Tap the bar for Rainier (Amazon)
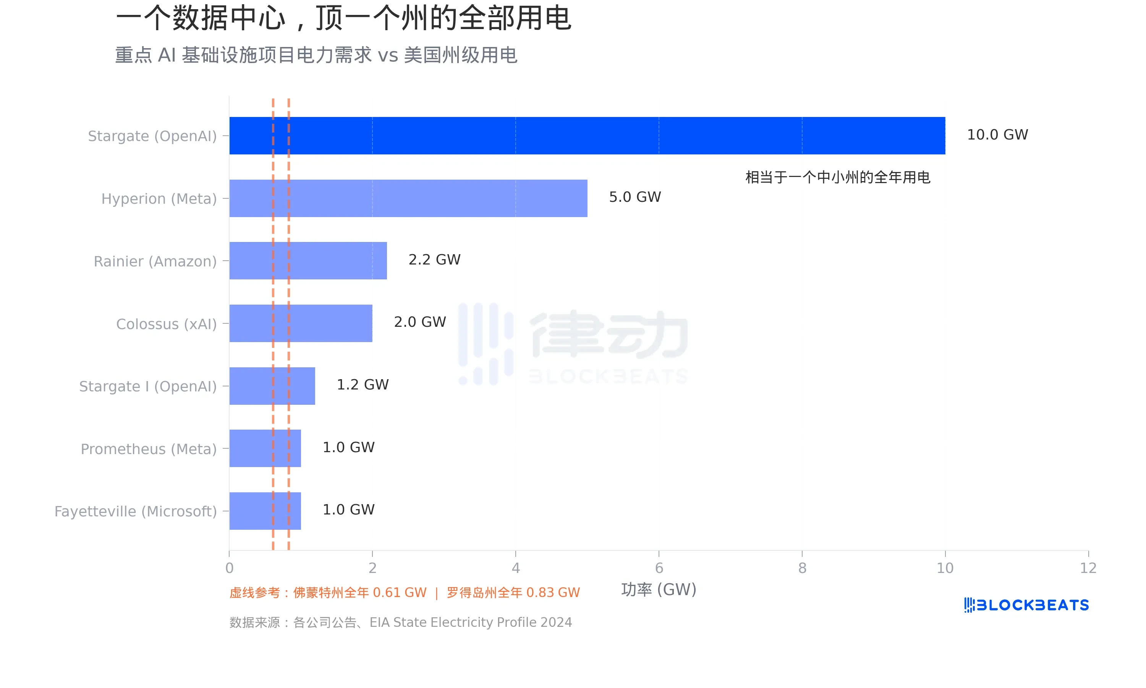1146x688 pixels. point(308,261)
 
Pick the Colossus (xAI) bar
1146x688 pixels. point(301,323)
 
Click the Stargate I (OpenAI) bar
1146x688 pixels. point(272,386)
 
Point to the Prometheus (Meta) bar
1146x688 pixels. point(265,448)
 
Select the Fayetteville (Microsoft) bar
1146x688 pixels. point(265,511)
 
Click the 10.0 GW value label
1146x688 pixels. point(997,135)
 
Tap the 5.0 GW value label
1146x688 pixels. point(635,197)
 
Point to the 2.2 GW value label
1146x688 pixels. point(434,260)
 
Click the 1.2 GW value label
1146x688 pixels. point(362,385)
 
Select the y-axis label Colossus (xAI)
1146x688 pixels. point(166,324)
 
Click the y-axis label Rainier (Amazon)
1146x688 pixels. point(155,261)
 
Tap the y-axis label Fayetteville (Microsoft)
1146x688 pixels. point(136,511)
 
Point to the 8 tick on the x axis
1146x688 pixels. point(802,568)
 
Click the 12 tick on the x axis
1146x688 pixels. point(1088,568)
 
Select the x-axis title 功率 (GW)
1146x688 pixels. point(658,590)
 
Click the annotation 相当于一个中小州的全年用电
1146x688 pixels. point(837,177)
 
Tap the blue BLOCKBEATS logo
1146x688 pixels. point(1026,605)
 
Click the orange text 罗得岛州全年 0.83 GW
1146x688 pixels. point(513,592)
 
